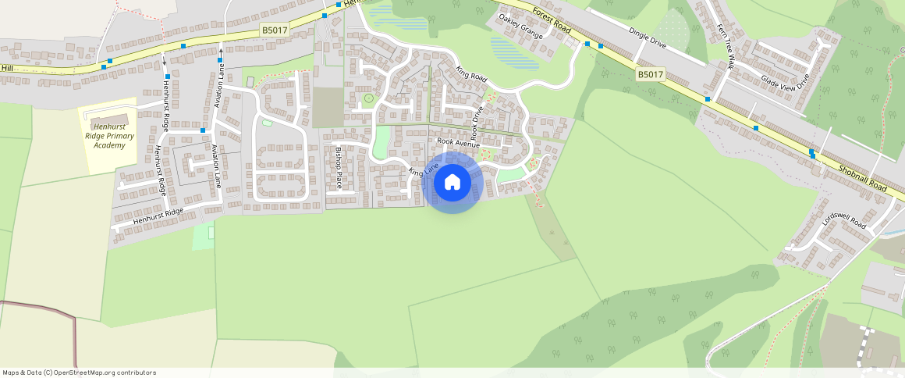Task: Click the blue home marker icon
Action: [452, 183]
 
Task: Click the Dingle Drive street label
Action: [648, 37]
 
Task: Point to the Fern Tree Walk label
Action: [725, 46]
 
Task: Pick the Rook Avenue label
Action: [458, 143]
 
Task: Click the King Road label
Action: [471, 74]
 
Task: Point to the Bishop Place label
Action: [339, 167]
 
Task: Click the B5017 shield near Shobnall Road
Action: [649, 75]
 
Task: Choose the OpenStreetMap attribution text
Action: [80, 373]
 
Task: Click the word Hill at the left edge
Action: [8, 69]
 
